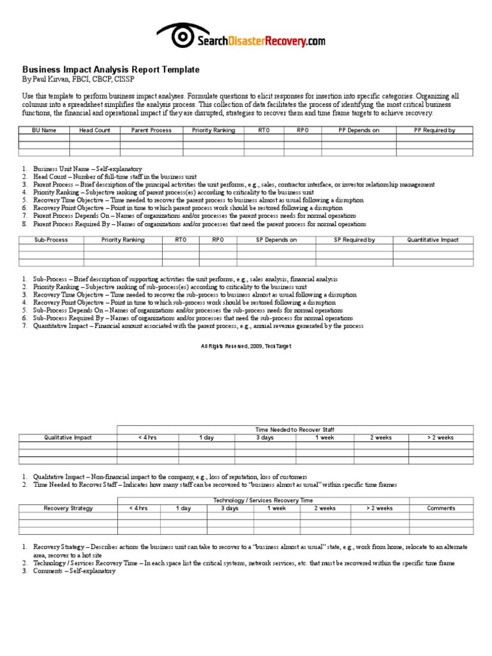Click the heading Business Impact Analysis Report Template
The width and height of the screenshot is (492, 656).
[x=111, y=69]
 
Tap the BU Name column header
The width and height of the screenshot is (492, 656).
[x=45, y=130]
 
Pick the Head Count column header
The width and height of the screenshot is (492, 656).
[x=95, y=130]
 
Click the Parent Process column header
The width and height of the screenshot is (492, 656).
[x=151, y=130]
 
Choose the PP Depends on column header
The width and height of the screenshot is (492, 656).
[x=359, y=130]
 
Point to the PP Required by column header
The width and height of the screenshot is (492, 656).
[x=435, y=130]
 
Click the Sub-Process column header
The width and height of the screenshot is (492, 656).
[x=51, y=240]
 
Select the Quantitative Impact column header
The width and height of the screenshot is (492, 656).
[x=433, y=240]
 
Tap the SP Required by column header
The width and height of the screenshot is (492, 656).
[x=354, y=240]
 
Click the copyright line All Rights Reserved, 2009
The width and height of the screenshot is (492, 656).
[x=246, y=346]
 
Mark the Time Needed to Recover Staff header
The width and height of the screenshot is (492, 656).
[x=295, y=429]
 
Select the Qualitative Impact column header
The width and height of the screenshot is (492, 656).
[x=68, y=438]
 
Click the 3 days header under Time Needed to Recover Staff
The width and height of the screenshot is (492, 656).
[x=265, y=438]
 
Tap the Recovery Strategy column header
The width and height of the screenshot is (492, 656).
[x=68, y=508]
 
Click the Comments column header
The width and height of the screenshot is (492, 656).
[x=441, y=508]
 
